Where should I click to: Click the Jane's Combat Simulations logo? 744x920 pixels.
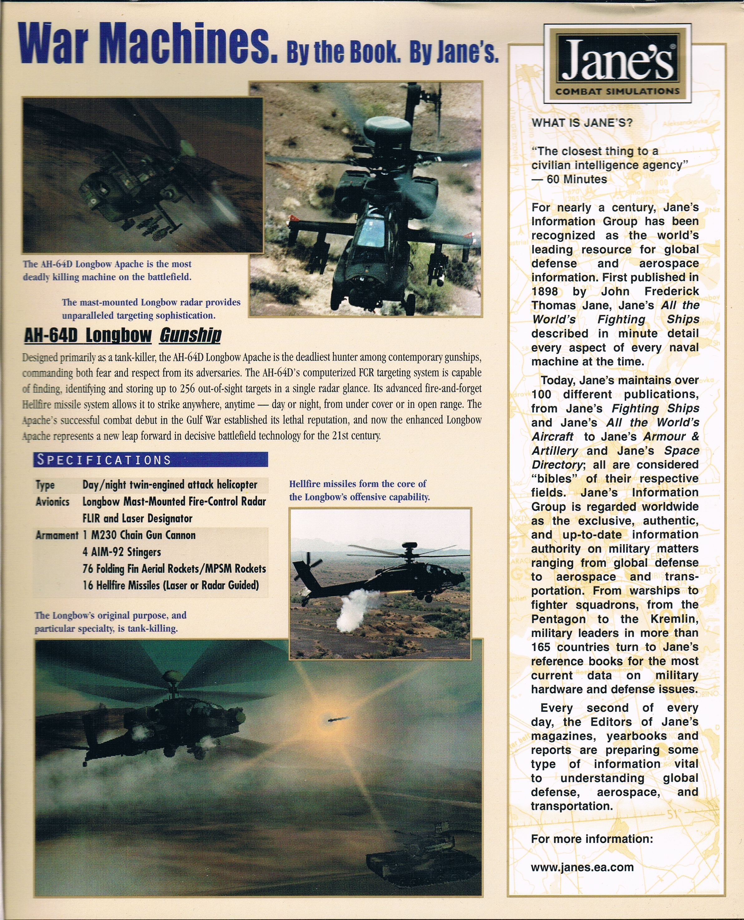point(618,63)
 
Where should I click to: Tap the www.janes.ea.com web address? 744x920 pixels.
point(582,867)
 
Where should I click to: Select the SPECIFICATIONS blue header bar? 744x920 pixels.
point(150,460)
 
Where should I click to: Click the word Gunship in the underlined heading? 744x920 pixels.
point(190,335)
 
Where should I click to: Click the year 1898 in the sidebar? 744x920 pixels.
point(544,292)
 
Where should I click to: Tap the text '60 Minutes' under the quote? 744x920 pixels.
point(576,179)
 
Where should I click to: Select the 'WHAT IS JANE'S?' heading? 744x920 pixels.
point(582,123)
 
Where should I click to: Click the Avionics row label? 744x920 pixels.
point(52,502)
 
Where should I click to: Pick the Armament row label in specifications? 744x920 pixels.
point(56,535)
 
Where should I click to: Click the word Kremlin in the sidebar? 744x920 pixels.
point(674,619)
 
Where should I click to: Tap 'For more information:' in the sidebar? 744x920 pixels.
point(592,839)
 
